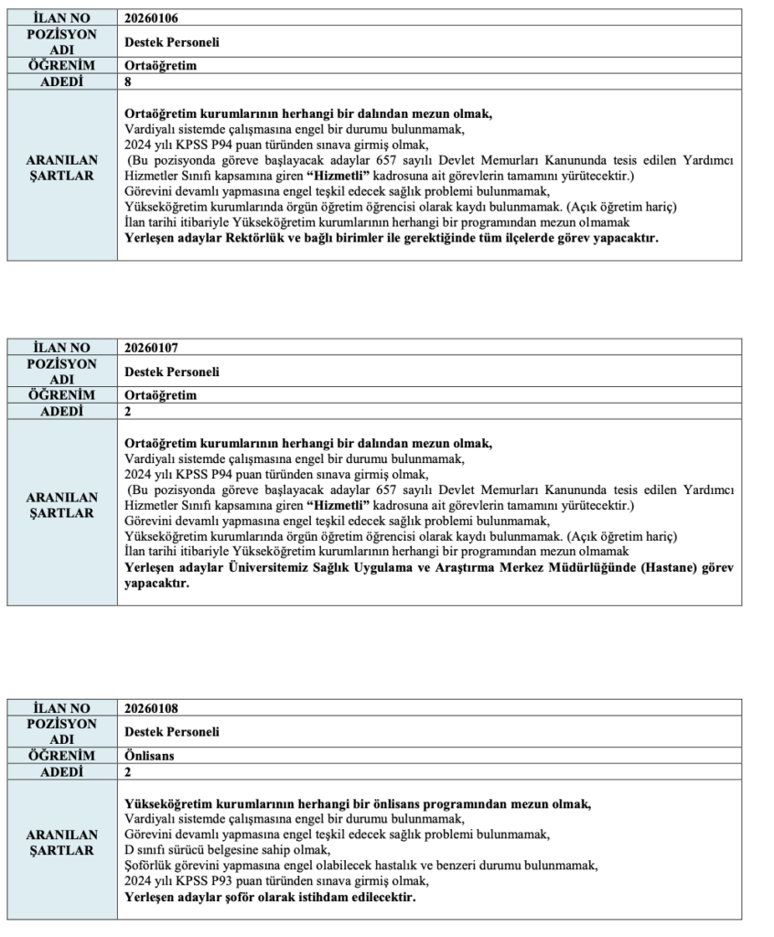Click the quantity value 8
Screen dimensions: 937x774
128,81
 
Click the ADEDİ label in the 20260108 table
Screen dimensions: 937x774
62,771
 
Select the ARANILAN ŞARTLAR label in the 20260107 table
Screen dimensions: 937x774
62,506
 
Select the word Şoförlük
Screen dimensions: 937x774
149,866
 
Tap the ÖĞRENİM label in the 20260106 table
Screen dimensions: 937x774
62,66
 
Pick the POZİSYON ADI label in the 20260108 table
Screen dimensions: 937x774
62,731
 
